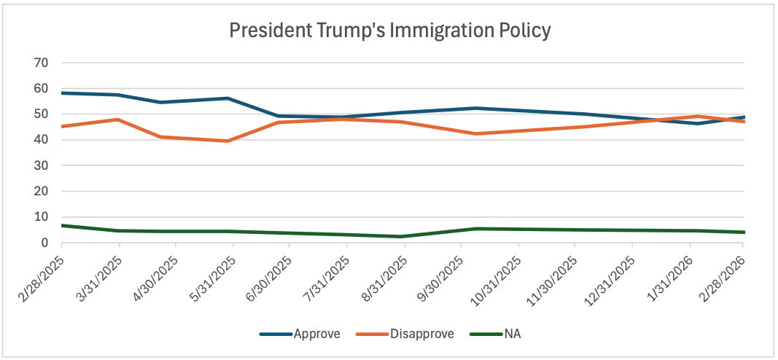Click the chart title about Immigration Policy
click(x=389, y=31)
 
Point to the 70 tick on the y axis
click(x=42, y=63)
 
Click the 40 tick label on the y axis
click(x=42, y=140)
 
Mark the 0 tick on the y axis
click(x=45, y=243)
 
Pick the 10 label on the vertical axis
click(x=42, y=217)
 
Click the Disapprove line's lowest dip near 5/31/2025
click(x=228, y=141)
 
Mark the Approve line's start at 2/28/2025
click(x=62, y=93)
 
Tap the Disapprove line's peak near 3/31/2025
click(x=118, y=120)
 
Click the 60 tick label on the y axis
click(x=42, y=88)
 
